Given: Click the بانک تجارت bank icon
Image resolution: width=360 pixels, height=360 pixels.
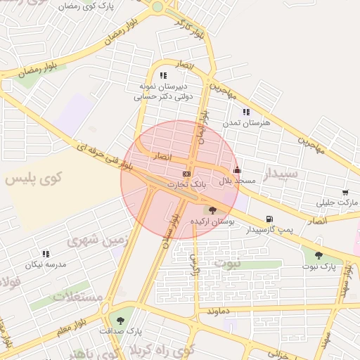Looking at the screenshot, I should (x=186, y=174).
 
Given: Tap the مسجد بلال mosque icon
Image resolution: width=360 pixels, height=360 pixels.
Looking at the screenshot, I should (x=237, y=169).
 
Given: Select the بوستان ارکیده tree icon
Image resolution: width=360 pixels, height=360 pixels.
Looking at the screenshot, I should (x=212, y=210).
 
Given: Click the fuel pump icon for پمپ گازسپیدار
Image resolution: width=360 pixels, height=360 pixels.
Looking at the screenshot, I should (x=268, y=219).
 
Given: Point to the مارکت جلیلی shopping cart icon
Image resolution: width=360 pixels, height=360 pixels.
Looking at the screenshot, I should (x=345, y=193).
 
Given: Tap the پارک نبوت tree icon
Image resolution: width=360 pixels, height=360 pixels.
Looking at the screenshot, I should (x=319, y=256).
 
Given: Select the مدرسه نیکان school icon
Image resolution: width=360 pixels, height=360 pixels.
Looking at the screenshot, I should (x=46, y=254).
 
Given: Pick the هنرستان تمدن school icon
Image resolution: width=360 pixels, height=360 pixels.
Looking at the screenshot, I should (x=246, y=112).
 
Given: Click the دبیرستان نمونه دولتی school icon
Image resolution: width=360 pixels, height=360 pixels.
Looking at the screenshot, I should (x=163, y=75).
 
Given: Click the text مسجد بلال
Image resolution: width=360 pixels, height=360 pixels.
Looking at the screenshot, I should (x=237, y=181).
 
